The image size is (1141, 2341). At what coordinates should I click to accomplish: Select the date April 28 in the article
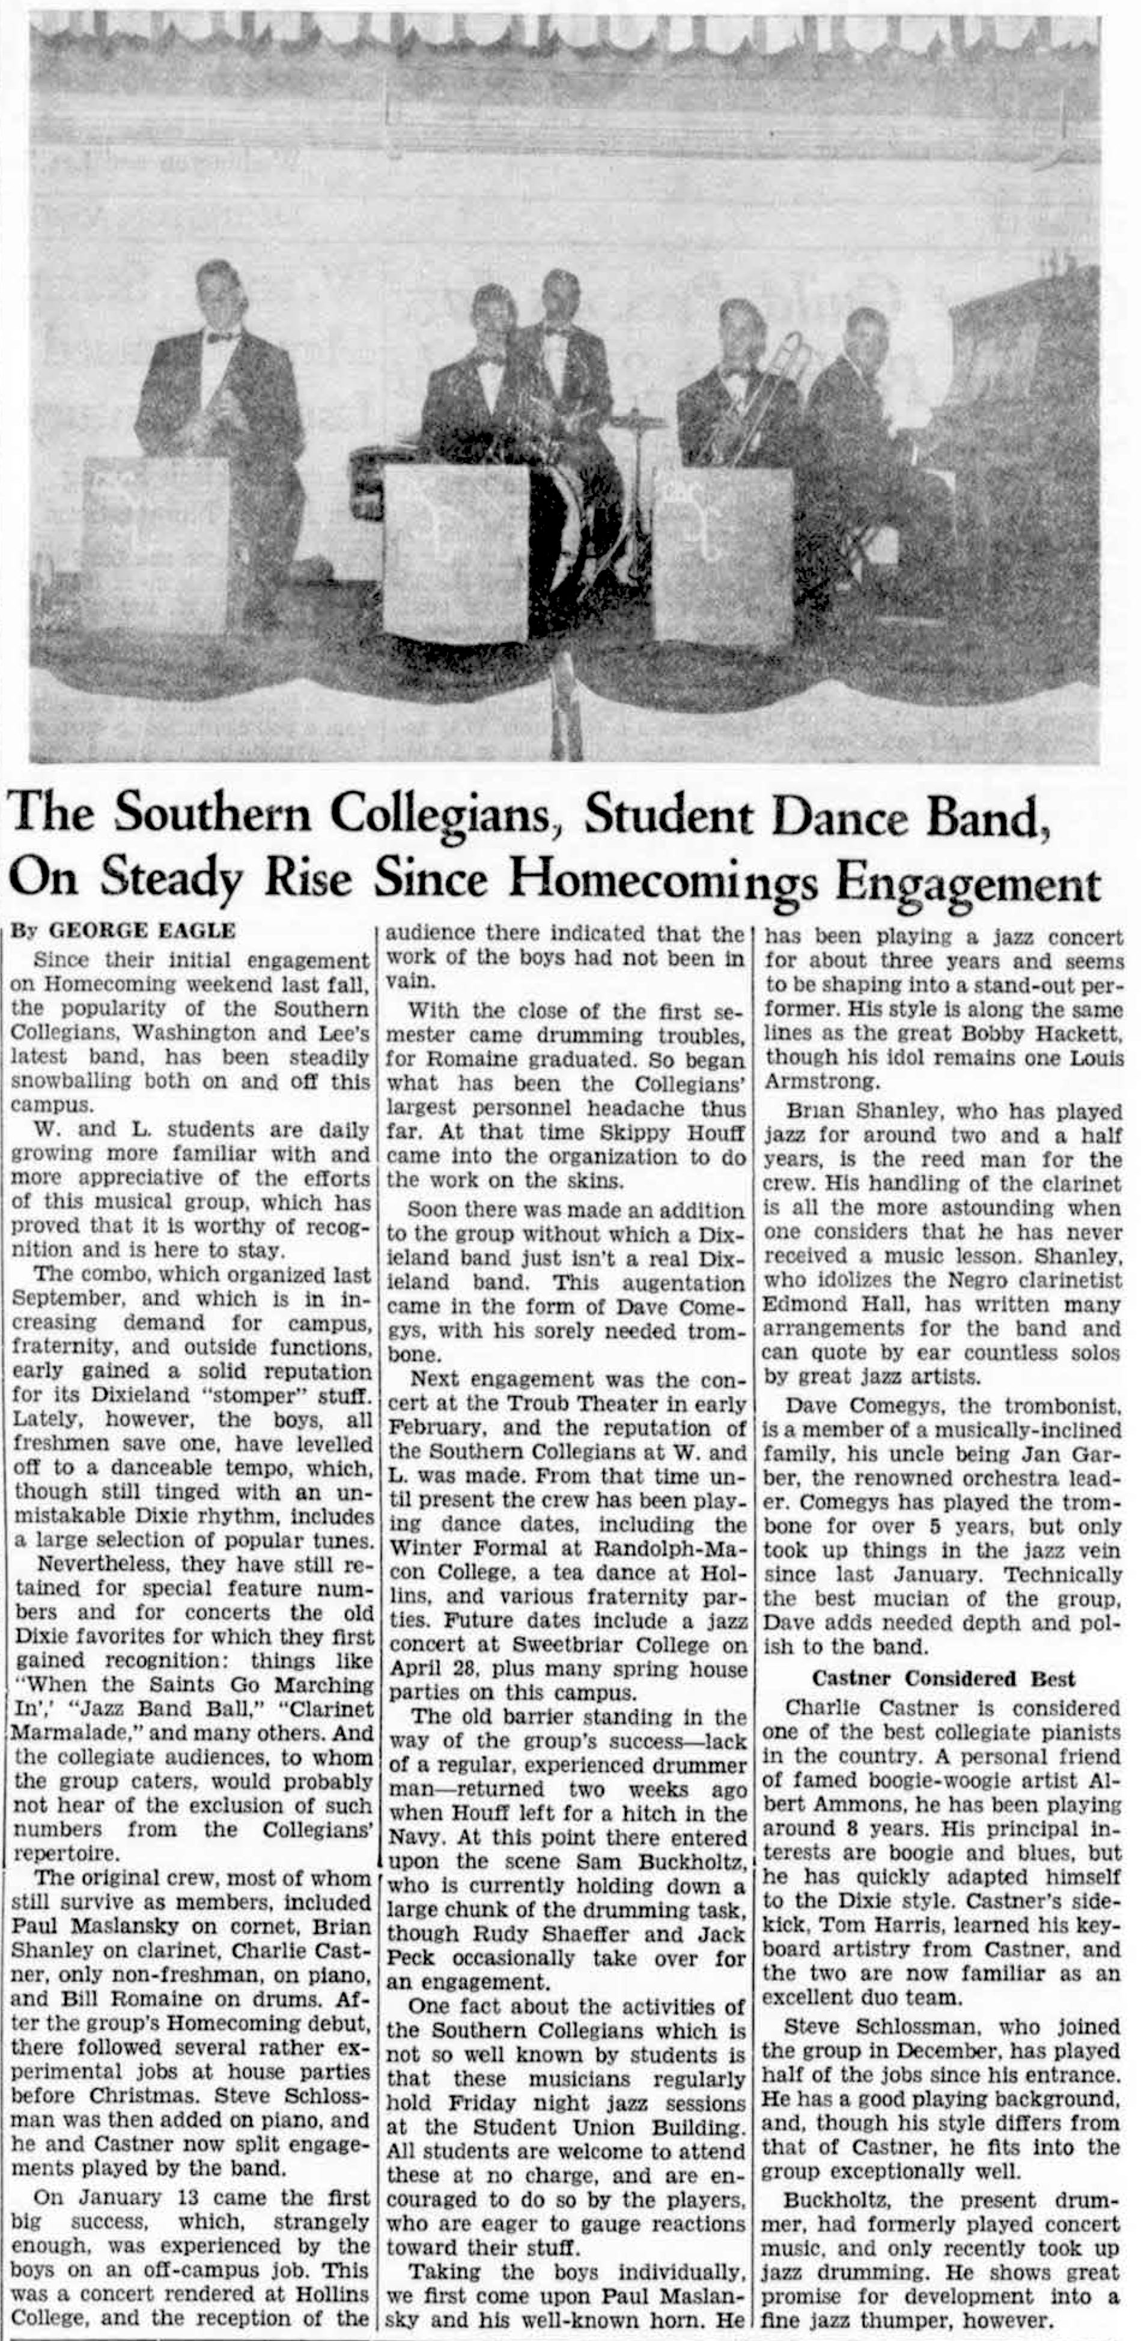pos(429,1669)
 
